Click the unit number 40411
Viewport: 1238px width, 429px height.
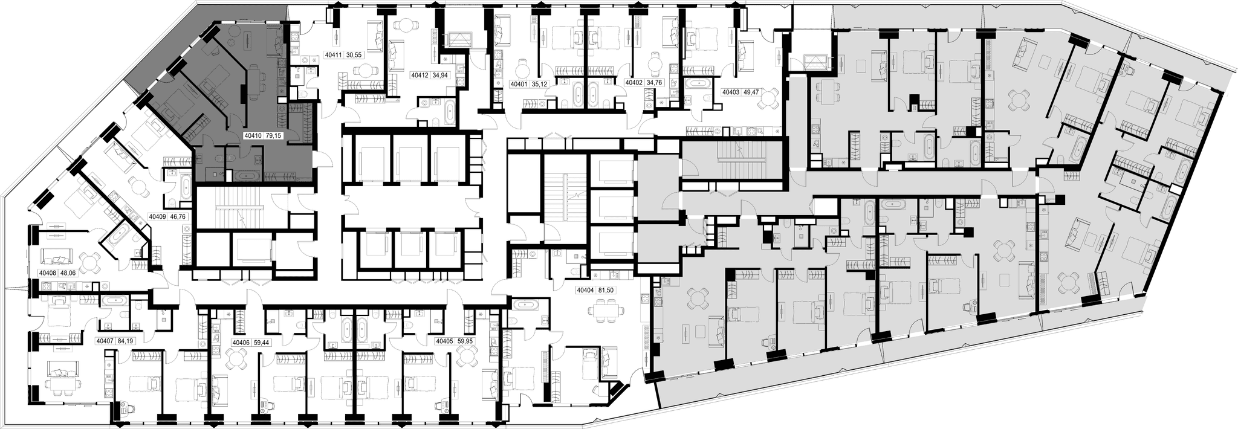pyautogui.click(x=334, y=55)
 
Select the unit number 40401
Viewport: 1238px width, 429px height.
pyautogui.click(x=520, y=84)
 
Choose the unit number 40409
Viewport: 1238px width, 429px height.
pyautogui.click(x=158, y=215)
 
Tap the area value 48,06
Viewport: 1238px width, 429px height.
pyautogui.click(x=67, y=273)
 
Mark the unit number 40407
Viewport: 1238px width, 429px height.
pyautogui.click(x=106, y=341)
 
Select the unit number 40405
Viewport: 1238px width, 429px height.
pyautogui.click(x=444, y=341)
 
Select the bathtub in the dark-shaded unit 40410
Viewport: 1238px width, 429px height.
pyautogui.click(x=247, y=176)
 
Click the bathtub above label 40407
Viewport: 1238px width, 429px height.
pyautogui.click(x=114, y=300)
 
